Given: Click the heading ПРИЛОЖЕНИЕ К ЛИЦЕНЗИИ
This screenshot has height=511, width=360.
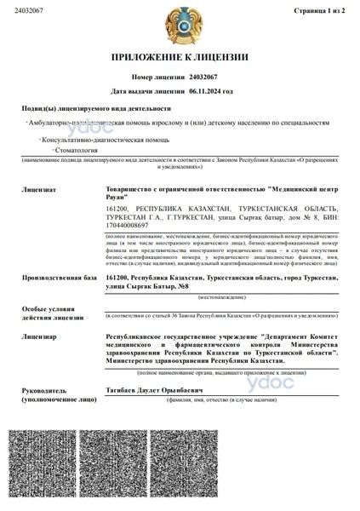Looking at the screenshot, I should coord(179,57).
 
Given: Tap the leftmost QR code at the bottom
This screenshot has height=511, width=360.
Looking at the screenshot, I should coord(46,468).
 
